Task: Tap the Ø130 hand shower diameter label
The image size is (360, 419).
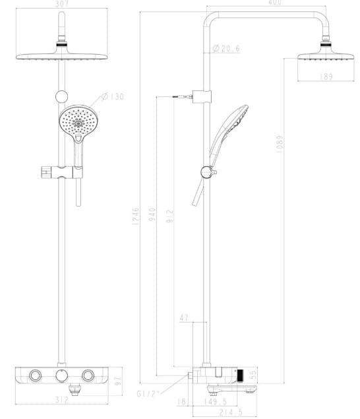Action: click(113, 97)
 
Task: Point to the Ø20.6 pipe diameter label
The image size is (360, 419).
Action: click(225, 48)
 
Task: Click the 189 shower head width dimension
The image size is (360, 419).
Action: click(326, 77)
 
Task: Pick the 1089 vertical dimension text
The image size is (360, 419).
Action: click(280, 145)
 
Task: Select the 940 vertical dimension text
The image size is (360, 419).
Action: click(153, 215)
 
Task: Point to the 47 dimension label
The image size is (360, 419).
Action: click(184, 318)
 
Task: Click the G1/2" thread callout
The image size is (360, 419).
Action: click(149, 394)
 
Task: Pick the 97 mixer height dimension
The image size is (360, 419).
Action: click(119, 381)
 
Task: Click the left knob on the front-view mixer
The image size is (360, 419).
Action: click(34, 376)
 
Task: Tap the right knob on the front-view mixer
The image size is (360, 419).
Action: click(88, 376)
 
